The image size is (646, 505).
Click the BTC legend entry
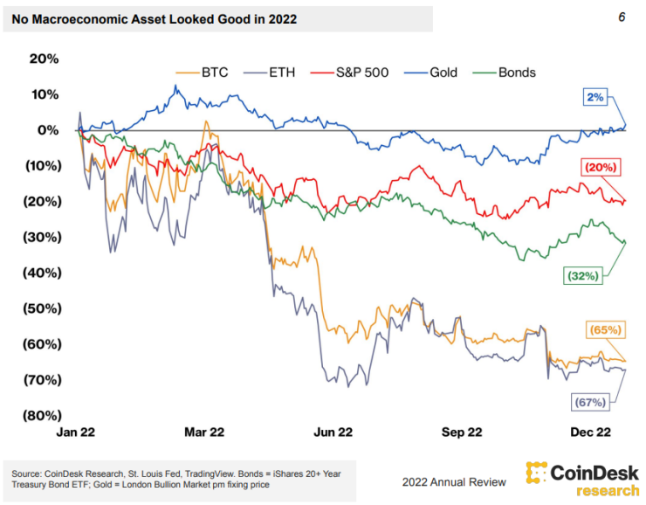point(202,73)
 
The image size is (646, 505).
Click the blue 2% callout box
point(595,98)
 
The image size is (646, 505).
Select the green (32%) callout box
point(582,276)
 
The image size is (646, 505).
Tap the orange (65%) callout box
point(604,330)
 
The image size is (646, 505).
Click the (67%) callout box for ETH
point(591,402)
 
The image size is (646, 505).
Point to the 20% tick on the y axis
point(43,59)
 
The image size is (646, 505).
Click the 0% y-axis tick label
point(47,130)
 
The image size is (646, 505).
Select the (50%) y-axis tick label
point(39,308)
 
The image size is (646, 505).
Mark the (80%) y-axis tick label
point(39,416)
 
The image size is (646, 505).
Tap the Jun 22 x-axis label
point(333,432)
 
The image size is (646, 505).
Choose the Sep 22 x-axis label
point(462,432)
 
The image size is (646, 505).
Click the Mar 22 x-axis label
point(204,432)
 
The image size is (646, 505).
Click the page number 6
point(622,17)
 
